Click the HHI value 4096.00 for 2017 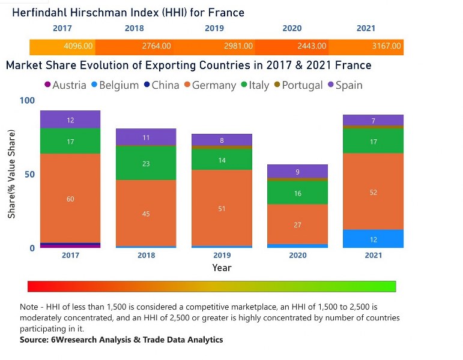click(x=78, y=46)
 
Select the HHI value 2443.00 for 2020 click(x=313, y=46)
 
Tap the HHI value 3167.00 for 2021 click(x=387, y=46)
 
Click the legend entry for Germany click(x=210, y=85)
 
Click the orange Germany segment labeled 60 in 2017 click(x=70, y=198)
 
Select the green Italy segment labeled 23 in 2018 click(x=146, y=163)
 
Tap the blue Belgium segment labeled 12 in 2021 click(x=373, y=239)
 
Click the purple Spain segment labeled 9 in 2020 click(x=297, y=172)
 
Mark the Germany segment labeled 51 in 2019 click(x=222, y=208)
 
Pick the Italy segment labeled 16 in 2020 click(x=297, y=193)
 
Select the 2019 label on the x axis click(x=222, y=255)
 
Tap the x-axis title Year click(x=222, y=268)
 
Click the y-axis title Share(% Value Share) click(x=11, y=175)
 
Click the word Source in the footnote click(x=35, y=340)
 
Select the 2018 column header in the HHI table click(x=135, y=28)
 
